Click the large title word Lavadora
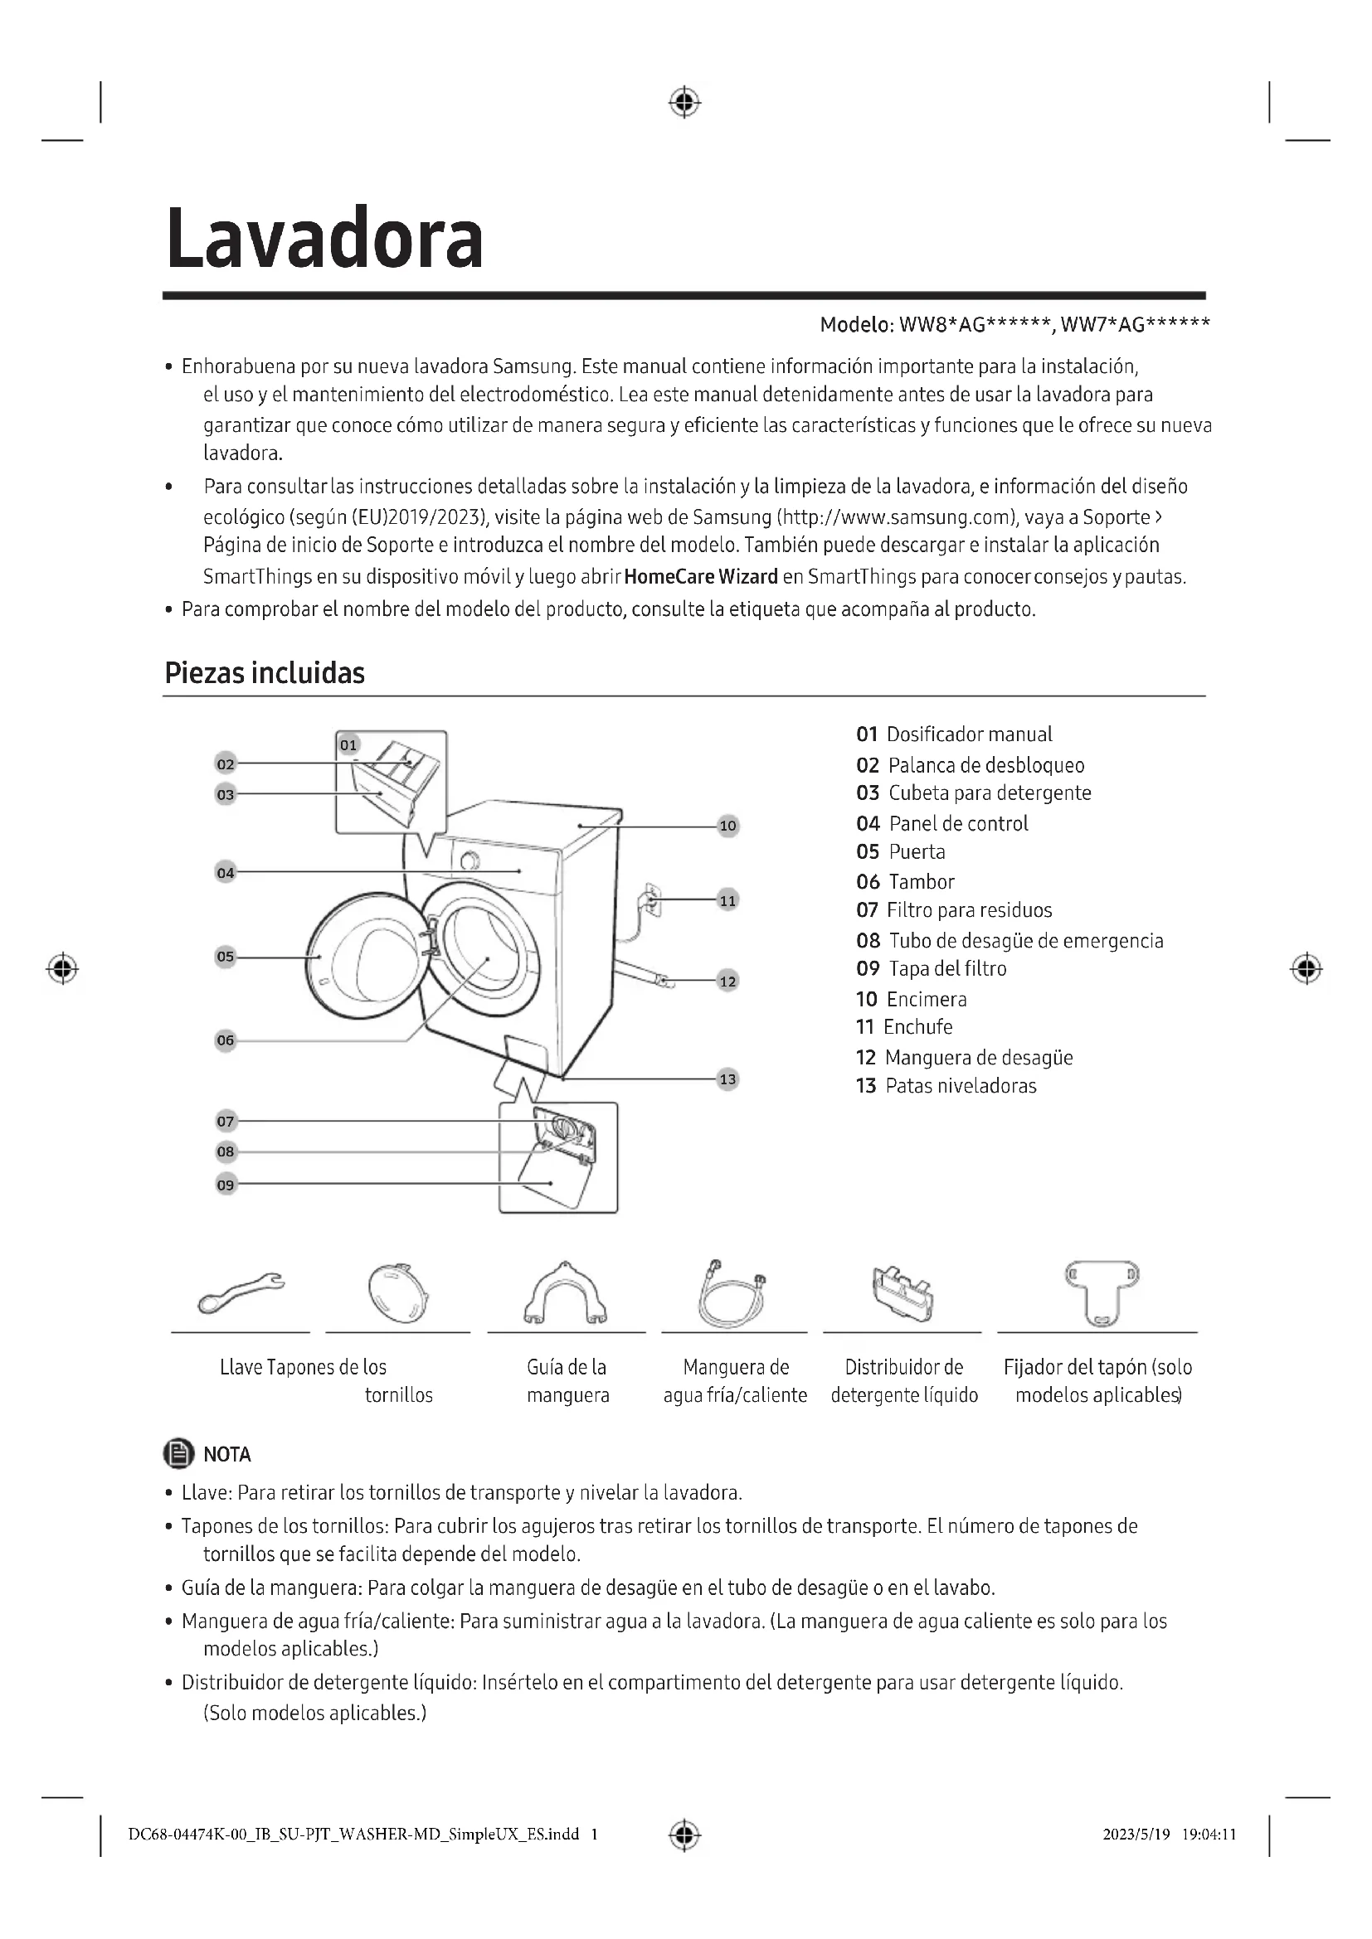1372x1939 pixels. coord(324,239)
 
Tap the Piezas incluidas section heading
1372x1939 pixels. coord(265,673)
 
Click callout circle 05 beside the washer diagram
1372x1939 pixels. coord(226,957)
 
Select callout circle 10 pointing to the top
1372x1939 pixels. coord(727,826)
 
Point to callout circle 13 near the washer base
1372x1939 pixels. coord(727,1079)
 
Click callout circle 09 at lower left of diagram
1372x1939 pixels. coord(226,1185)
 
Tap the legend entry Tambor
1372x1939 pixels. coord(921,882)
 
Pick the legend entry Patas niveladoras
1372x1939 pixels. coord(960,1086)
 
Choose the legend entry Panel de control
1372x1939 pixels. coord(958,823)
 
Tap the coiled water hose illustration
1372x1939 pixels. coord(732,1294)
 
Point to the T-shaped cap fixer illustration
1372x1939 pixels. coord(1101,1292)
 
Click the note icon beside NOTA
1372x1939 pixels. coord(178,1453)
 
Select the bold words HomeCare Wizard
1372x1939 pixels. coord(700,577)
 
